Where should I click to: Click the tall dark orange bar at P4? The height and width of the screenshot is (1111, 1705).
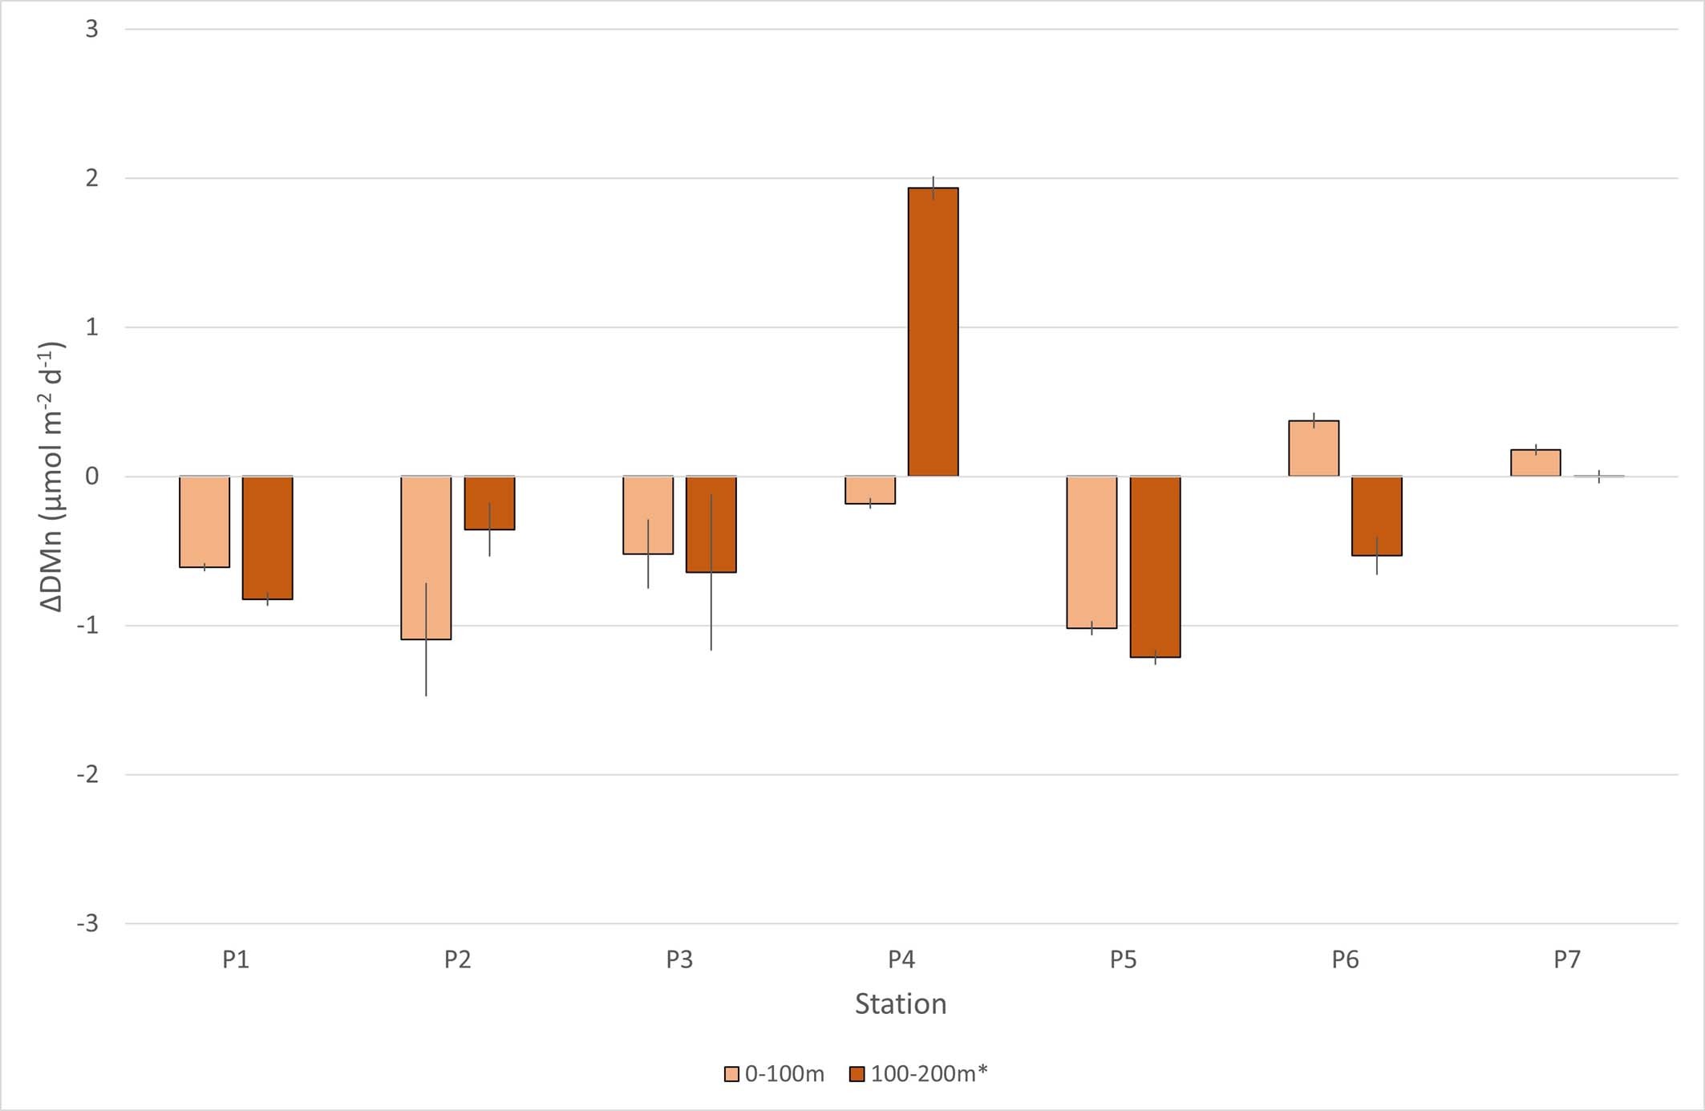pyautogui.click(x=933, y=332)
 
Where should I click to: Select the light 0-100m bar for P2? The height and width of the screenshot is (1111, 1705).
pyautogui.click(x=426, y=558)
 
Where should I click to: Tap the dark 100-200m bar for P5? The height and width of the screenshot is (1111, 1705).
pyautogui.click(x=1155, y=566)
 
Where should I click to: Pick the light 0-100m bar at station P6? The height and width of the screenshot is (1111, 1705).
pyautogui.click(x=1314, y=448)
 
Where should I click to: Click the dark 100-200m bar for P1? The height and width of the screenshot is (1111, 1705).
pyautogui.click(x=267, y=537)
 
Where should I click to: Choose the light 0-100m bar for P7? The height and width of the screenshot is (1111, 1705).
pyautogui.click(x=1535, y=463)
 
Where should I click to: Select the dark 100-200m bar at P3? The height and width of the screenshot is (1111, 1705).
pyautogui.click(x=711, y=524)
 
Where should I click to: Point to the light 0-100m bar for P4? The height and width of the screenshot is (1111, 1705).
pyautogui.click(x=870, y=490)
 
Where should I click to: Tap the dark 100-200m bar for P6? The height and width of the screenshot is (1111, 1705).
pyautogui.click(x=1377, y=516)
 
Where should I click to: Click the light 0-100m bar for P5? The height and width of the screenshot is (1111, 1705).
pyautogui.click(x=1091, y=552)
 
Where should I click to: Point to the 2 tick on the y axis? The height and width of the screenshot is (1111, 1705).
pyautogui.click(x=92, y=178)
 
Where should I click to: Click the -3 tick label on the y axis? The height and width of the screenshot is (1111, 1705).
pyautogui.click(x=88, y=923)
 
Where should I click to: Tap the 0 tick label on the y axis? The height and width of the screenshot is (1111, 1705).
pyautogui.click(x=92, y=476)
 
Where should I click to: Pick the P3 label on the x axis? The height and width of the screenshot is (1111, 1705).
pyautogui.click(x=679, y=959)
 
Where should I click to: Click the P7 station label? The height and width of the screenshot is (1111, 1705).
pyautogui.click(x=1567, y=959)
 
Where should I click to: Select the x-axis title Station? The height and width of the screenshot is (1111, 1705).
pyautogui.click(x=901, y=1004)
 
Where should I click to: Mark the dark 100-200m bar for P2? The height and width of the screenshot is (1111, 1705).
pyautogui.click(x=489, y=503)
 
